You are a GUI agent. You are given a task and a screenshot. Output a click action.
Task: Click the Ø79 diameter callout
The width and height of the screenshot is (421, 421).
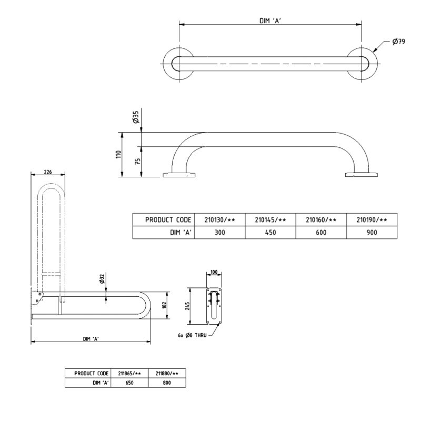click(398, 42)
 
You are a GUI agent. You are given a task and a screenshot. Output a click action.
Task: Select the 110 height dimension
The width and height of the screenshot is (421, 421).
click(119, 154)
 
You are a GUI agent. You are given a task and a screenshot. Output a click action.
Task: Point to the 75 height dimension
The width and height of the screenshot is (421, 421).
click(137, 162)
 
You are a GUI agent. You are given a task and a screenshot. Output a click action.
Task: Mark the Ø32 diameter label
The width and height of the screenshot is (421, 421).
click(102, 279)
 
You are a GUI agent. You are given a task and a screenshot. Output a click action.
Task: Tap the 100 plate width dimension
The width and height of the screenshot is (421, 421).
click(214, 272)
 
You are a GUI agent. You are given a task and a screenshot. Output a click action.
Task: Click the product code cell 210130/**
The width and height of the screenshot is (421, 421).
click(219, 219)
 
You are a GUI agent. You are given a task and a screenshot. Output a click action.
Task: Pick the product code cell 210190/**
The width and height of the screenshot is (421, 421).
click(372, 219)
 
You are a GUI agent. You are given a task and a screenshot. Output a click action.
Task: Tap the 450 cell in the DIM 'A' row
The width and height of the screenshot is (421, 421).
click(270, 232)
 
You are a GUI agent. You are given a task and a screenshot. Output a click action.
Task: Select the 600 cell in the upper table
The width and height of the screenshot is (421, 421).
click(321, 232)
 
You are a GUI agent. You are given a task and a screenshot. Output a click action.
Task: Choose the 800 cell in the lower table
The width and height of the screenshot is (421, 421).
click(167, 383)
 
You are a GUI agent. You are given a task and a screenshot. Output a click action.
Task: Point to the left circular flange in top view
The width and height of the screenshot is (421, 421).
click(178, 64)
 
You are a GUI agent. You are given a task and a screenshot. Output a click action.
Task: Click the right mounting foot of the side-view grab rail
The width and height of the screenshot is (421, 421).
click(362, 174)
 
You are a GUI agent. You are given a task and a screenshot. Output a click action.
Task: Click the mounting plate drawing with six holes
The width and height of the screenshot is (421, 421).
click(215, 305)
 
